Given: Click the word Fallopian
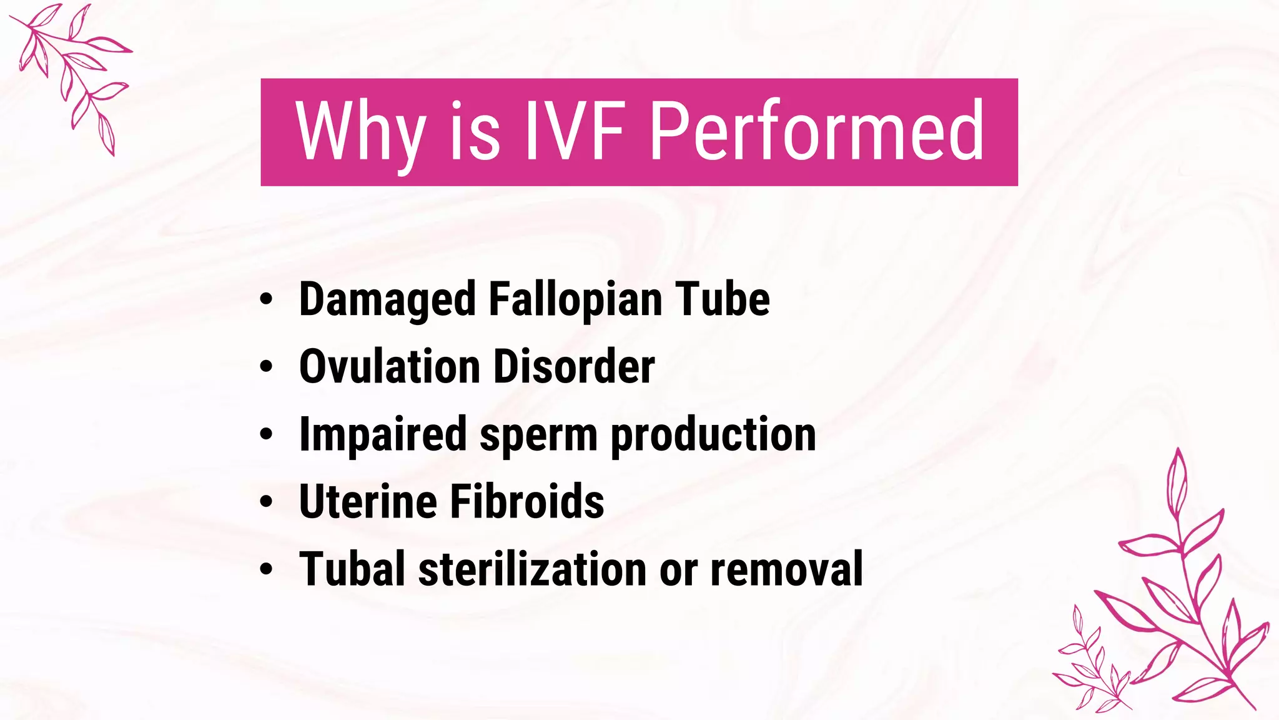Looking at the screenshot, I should pyautogui.click(x=575, y=300).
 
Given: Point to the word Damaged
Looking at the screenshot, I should pyautogui.click(x=387, y=300).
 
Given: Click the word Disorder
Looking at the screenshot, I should pyautogui.click(x=574, y=366).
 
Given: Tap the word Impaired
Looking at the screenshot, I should pyautogui.click(x=383, y=434).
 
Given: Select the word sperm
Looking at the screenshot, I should pyautogui.click(x=538, y=435).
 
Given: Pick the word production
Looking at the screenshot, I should pyautogui.click(x=713, y=435).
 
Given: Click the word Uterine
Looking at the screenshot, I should pyautogui.click(x=368, y=501).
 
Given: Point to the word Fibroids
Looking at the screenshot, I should pyautogui.click(x=526, y=501).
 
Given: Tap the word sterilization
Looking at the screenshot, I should pyautogui.click(x=533, y=569).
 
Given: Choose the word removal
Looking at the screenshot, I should pyautogui.click(x=787, y=569).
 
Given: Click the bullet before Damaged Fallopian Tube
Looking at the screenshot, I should pyautogui.click(x=267, y=299).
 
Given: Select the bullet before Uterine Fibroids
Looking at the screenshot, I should pyautogui.click(x=267, y=501).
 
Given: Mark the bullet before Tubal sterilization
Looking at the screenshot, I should pyautogui.click(x=267, y=569).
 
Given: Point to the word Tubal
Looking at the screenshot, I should pyautogui.click(x=352, y=569).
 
